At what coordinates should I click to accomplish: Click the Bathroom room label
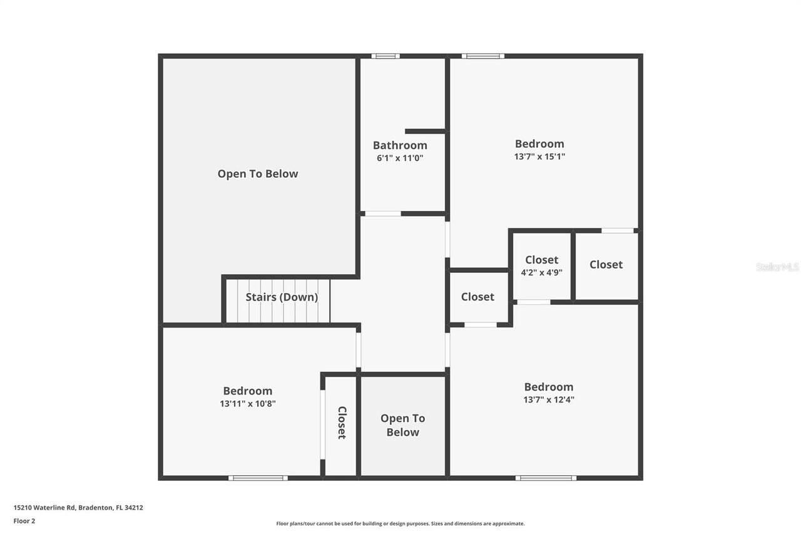(400, 145)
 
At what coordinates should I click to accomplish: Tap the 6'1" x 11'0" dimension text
(400, 158)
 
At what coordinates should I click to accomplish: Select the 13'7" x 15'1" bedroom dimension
(539, 157)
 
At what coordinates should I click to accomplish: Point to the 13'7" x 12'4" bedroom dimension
(549, 399)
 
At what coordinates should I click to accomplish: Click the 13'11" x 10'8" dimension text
(248, 404)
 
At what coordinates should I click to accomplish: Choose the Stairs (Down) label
(282, 297)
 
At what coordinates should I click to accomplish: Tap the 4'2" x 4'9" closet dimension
(541, 272)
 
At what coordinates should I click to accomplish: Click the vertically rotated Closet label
(342, 423)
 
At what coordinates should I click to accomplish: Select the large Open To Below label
(258, 173)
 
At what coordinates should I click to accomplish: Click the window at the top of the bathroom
(385, 56)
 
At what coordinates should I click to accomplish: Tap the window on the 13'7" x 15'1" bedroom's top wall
(482, 56)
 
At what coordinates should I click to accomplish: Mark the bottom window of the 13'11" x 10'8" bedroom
(258, 478)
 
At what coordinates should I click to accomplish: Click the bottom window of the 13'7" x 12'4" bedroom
(545, 478)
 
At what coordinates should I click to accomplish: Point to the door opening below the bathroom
(383, 214)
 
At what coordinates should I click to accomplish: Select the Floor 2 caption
(24, 520)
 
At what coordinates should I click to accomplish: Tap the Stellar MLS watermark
(777, 267)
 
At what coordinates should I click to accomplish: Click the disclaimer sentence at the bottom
(400, 523)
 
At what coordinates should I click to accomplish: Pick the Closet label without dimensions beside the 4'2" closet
(606, 264)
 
